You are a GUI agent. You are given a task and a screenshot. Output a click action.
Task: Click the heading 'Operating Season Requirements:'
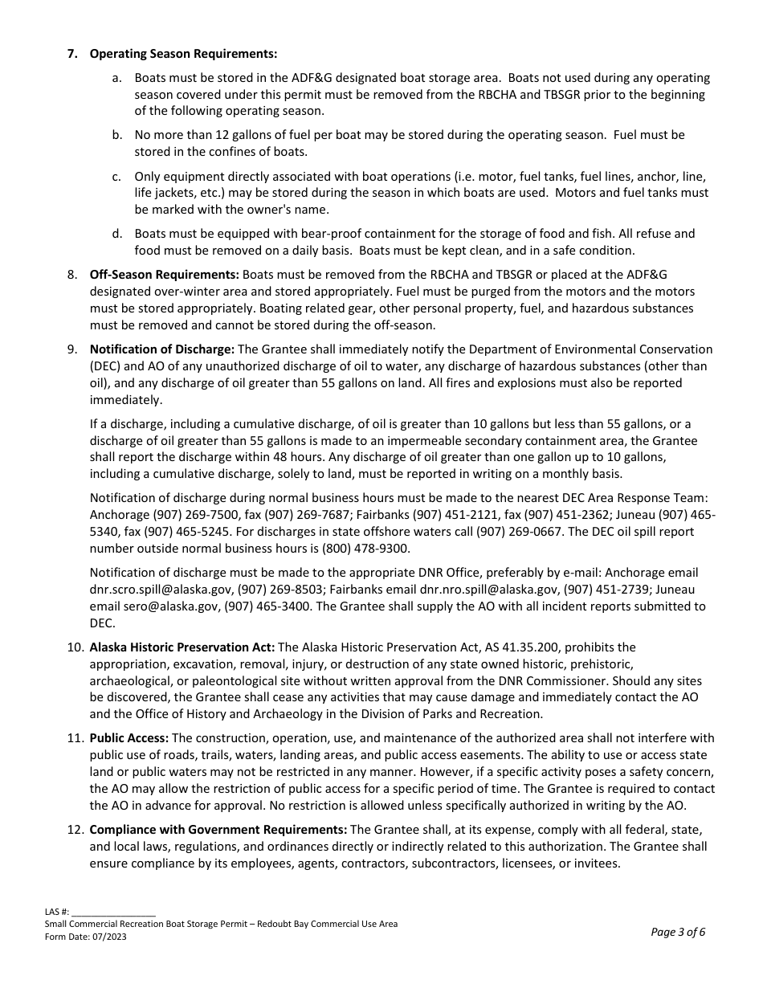183,54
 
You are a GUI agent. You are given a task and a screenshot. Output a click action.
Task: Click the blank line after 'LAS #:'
113,912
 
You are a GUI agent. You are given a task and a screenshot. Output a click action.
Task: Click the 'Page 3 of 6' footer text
678,932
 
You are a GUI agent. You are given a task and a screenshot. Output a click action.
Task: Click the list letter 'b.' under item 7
117,135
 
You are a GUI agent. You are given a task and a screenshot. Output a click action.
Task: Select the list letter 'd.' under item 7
117,233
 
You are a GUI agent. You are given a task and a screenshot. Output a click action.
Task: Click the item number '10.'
75,647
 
